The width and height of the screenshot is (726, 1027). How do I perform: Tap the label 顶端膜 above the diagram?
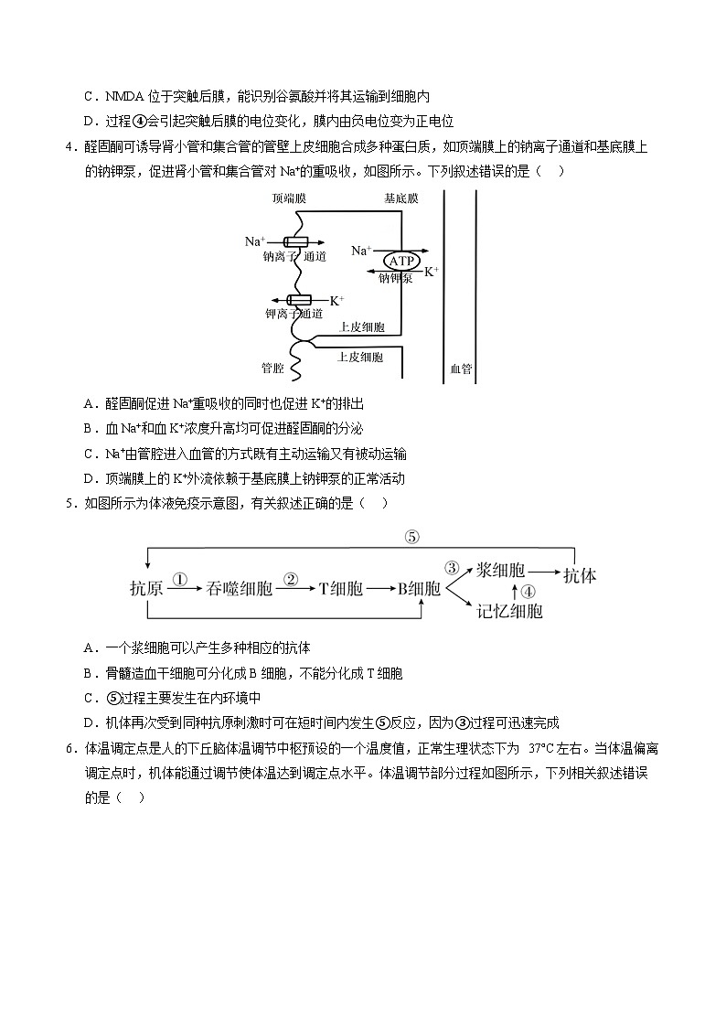[x=289, y=198]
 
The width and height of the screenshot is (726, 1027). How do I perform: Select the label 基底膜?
[x=400, y=198]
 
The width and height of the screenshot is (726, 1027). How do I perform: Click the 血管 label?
[x=461, y=369]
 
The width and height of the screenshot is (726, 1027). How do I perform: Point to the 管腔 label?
[x=272, y=369]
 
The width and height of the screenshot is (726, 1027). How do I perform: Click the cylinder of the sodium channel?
[x=296, y=241]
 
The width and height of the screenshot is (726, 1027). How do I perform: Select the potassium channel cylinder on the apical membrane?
[x=299, y=300]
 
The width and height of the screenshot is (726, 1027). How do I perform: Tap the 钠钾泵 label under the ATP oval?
[x=395, y=278]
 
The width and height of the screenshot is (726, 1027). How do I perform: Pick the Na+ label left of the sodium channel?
[x=254, y=241]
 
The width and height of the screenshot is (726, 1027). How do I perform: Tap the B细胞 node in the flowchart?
[x=418, y=589]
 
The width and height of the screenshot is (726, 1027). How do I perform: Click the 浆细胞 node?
[x=501, y=570]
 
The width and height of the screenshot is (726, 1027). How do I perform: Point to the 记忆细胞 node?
[x=509, y=611]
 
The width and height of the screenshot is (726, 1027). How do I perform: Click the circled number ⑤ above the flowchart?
[x=385, y=537]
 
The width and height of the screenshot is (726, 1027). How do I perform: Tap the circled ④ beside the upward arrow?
[x=529, y=590]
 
